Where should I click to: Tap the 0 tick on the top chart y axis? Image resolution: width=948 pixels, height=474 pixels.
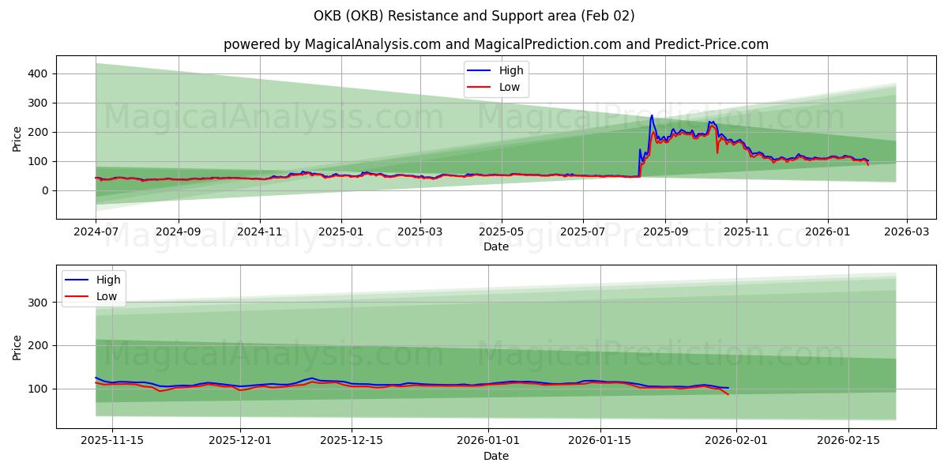tap(46, 190)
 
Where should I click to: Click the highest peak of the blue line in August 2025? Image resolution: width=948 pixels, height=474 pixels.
tap(652, 116)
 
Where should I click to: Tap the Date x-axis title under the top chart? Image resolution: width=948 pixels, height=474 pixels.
tap(495, 247)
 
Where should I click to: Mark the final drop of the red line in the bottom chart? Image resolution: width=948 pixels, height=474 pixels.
tap(728, 393)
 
